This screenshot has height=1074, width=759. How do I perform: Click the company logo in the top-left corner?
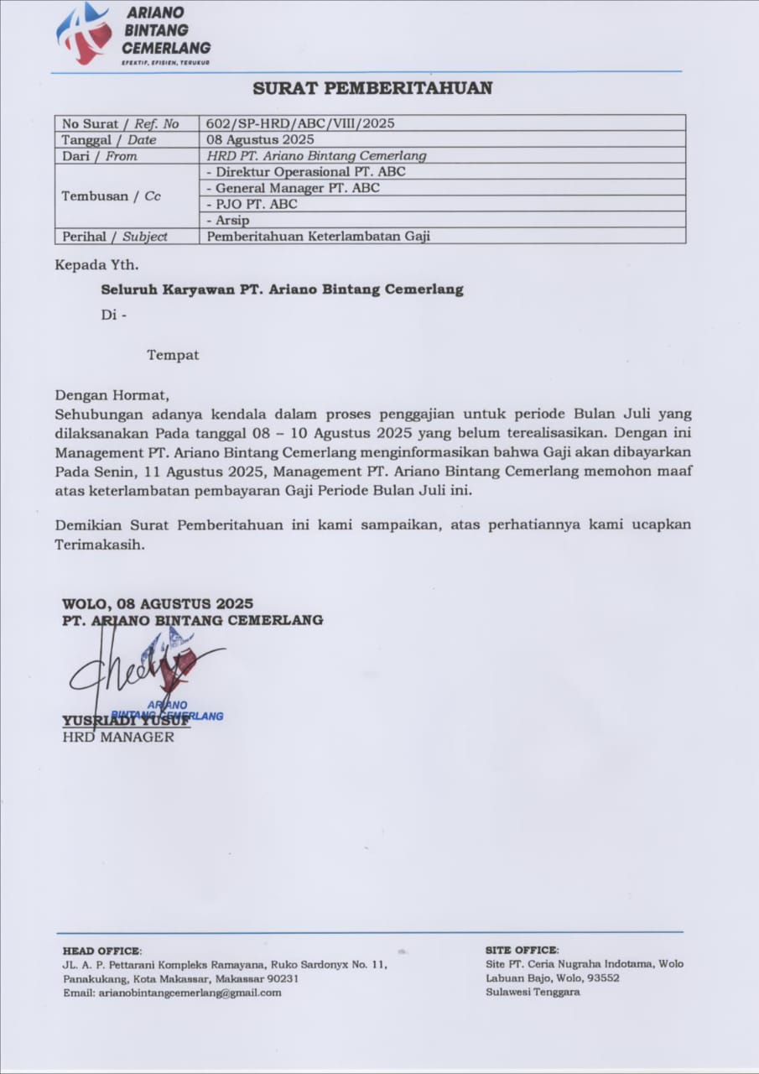point(84,34)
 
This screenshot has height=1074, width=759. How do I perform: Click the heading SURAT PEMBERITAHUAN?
point(372,88)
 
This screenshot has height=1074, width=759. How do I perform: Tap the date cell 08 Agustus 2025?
point(260,139)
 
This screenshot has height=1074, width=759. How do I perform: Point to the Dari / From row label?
point(99,156)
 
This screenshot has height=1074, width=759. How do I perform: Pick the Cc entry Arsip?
point(229,221)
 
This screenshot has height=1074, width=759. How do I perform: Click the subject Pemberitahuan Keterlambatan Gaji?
point(318,237)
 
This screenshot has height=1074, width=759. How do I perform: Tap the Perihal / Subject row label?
point(114,237)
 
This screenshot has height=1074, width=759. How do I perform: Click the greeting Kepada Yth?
point(96,266)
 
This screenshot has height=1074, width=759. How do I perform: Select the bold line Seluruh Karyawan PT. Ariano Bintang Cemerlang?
point(282,289)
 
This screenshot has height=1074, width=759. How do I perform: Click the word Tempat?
point(173,355)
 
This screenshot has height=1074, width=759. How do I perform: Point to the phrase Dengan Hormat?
point(112,394)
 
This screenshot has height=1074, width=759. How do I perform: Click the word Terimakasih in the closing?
point(99,544)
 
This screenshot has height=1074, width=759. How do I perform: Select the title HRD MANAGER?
point(118,738)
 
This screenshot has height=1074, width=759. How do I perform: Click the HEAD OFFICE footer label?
point(101,951)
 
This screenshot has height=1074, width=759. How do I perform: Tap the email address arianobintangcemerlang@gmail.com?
point(172,993)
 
